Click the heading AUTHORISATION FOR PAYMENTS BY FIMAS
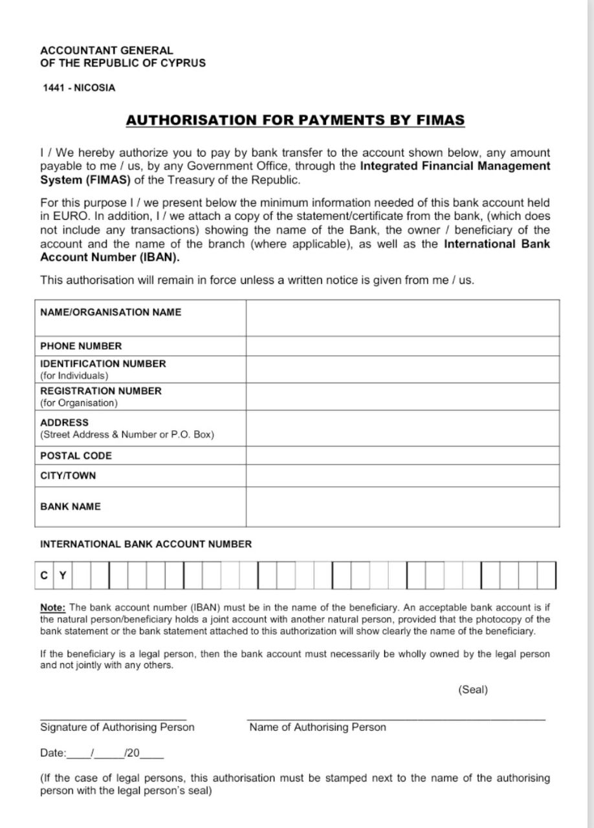click(295, 120)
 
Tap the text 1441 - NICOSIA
click(79, 88)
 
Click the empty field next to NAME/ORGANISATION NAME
click(402, 318)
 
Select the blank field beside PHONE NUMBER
click(402, 346)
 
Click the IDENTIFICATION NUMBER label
click(103, 364)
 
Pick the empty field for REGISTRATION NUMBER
click(402, 397)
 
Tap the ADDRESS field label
click(65, 422)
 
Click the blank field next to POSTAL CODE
click(402, 455)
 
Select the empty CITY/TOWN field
click(402, 475)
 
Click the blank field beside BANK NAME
click(402, 507)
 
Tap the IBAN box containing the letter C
click(44, 575)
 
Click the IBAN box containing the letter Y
click(63, 575)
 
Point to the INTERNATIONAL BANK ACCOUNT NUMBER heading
click(146, 544)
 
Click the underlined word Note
click(52, 607)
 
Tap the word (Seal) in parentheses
click(472, 690)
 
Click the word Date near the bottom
click(52, 753)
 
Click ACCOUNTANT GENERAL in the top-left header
click(107, 50)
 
